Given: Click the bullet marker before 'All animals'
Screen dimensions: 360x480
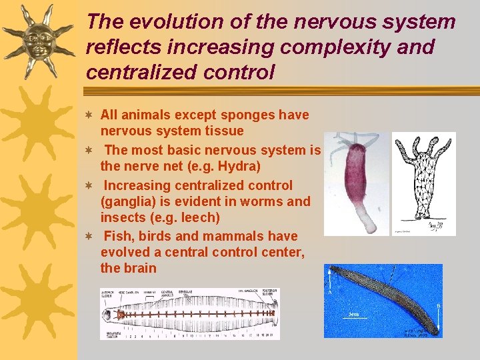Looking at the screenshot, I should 91,115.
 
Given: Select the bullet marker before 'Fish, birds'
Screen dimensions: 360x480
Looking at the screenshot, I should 91,237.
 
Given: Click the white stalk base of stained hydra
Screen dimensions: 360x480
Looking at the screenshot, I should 361,217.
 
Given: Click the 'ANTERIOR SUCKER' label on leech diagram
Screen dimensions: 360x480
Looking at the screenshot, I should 108,294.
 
